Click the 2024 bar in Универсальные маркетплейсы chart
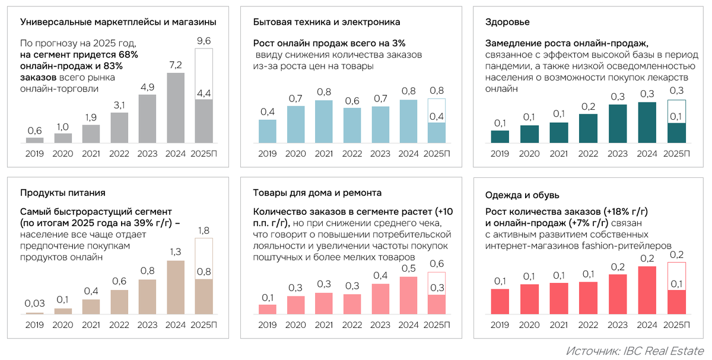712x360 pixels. [x=176, y=109]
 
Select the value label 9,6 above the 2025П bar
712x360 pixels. [x=204, y=41]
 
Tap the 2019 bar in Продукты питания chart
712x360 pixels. [x=35, y=313]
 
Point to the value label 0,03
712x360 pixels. [x=35, y=304]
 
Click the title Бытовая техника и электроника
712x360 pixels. [x=326, y=22]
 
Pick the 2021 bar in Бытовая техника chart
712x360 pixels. [x=325, y=122]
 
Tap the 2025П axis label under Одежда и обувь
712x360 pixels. [x=676, y=325]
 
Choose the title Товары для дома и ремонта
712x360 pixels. [x=317, y=193]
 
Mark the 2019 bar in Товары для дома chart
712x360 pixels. [x=268, y=309]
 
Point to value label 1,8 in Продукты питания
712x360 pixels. [x=204, y=230]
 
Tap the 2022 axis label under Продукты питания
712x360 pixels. [x=119, y=325]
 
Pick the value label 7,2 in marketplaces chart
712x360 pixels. [x=176, y=65]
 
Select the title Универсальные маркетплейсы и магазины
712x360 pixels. [x=118, y=22]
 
